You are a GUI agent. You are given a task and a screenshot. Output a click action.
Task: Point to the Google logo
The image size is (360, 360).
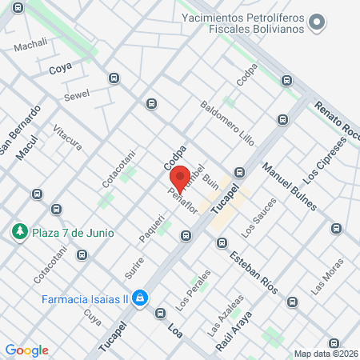tap(26, 350)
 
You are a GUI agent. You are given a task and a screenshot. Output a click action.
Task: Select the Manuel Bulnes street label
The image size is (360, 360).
tap(283, 185)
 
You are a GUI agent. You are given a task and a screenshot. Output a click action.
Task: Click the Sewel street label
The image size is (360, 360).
tap(77, 94)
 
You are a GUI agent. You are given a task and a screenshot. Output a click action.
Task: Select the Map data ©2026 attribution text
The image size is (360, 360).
tap(325, 353)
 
